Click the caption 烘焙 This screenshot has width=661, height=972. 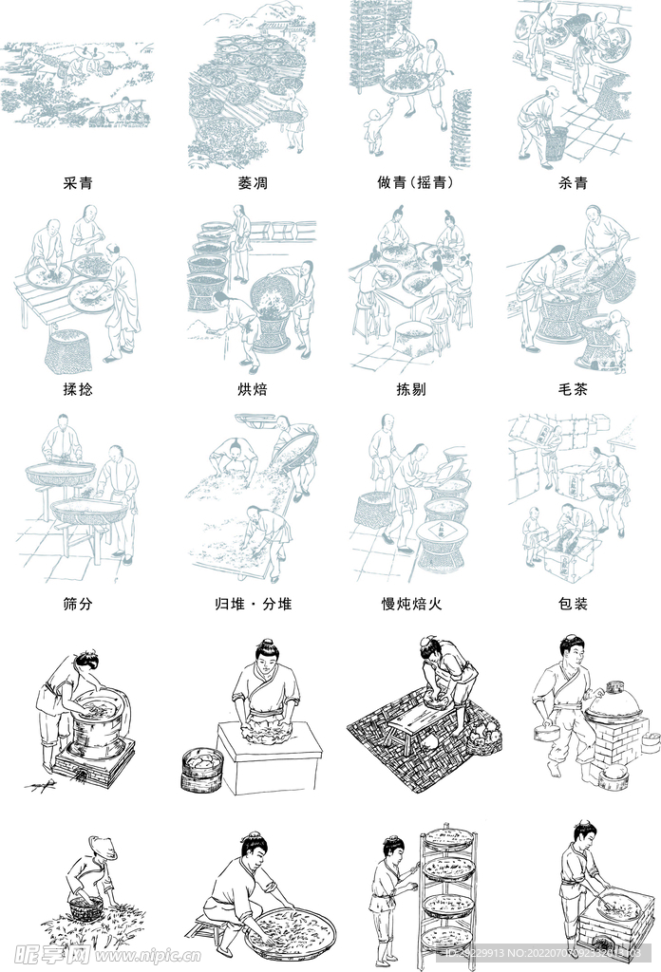point(253,389)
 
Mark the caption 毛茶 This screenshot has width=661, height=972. point(574,389)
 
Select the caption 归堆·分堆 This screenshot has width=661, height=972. point(253,604)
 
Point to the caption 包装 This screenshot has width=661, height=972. point(574,604)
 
